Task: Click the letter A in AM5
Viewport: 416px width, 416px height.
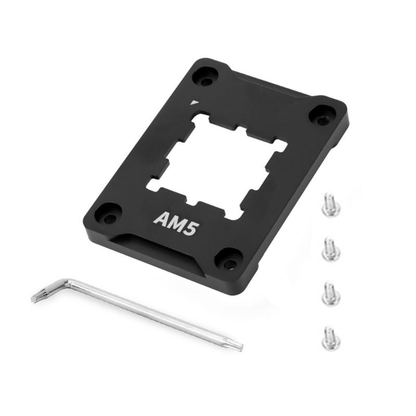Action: pos(160,218)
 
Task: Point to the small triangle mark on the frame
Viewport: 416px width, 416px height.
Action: pos(194,102)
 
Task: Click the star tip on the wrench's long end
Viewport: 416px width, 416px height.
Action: pos(237,344)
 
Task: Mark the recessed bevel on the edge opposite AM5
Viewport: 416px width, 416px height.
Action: pos(270,86)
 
